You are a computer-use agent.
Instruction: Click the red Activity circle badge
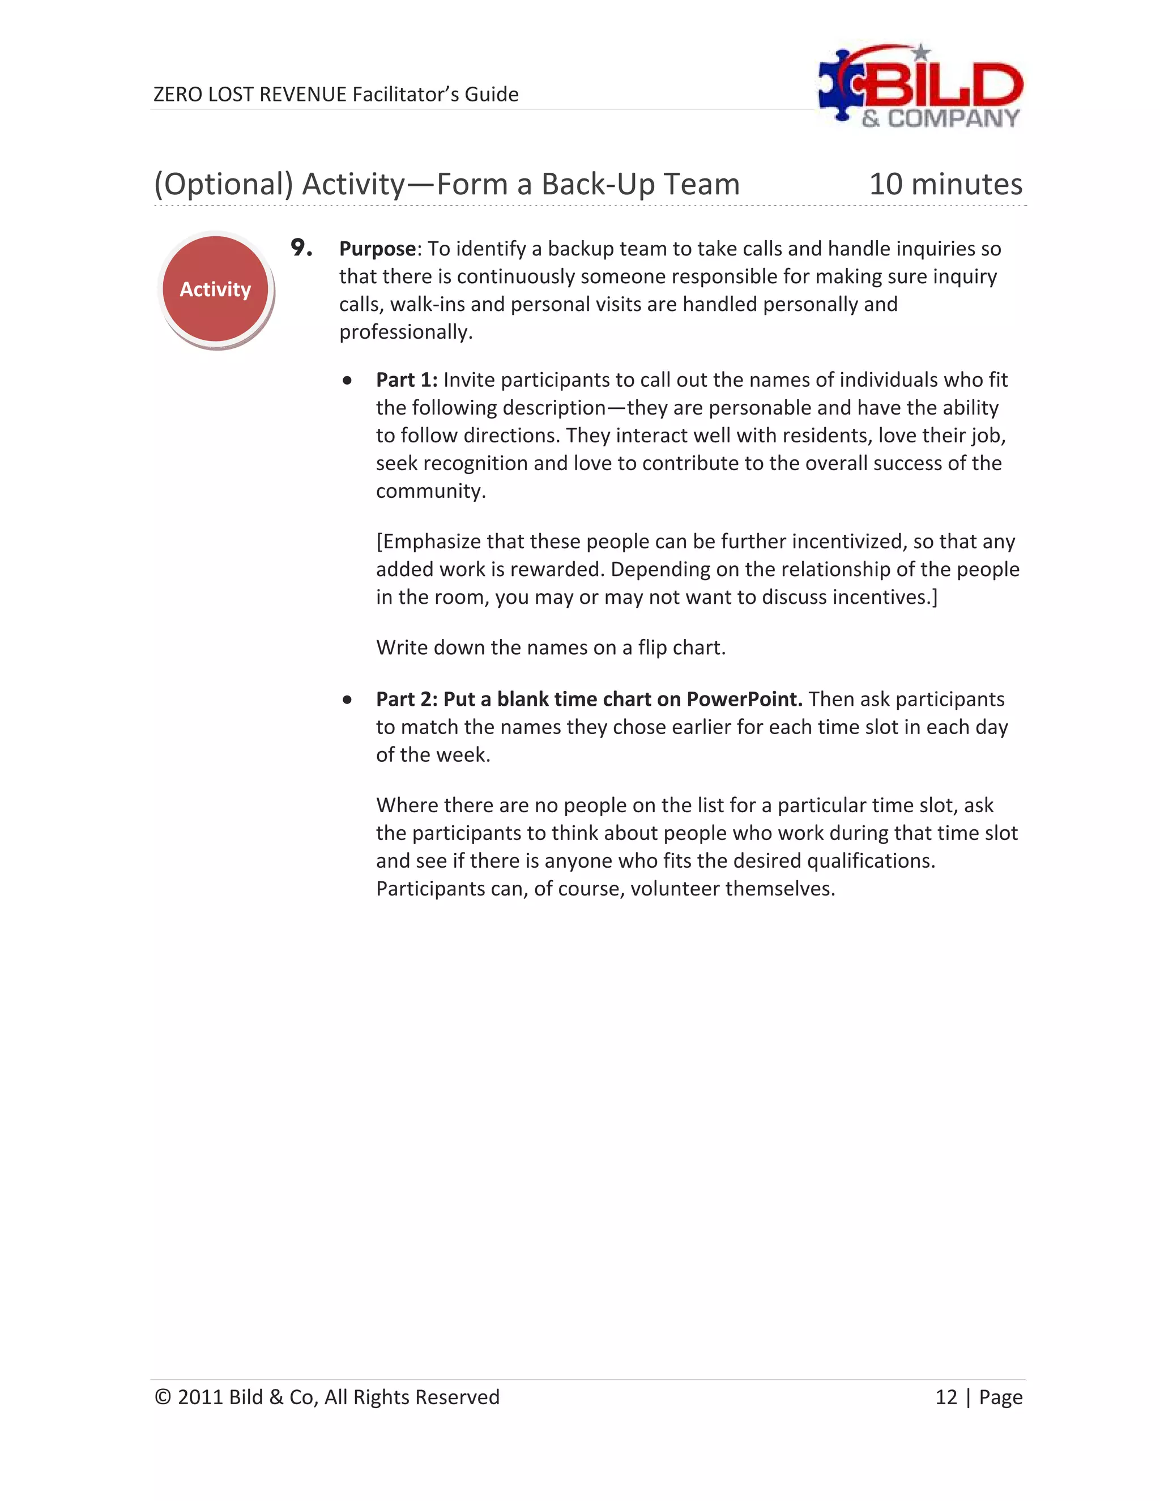point(215,289)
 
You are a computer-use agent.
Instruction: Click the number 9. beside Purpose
point(301,248)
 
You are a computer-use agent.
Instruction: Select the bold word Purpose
point(377,249)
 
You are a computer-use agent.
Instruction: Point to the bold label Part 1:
point(406,380)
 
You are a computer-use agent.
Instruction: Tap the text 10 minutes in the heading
point(945,184)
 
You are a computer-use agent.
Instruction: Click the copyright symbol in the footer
point(162,1397)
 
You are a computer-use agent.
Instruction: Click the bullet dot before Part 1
point(348,381)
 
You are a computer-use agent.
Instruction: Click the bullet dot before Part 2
point(348,700)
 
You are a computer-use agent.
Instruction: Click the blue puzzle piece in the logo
point(840,86)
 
